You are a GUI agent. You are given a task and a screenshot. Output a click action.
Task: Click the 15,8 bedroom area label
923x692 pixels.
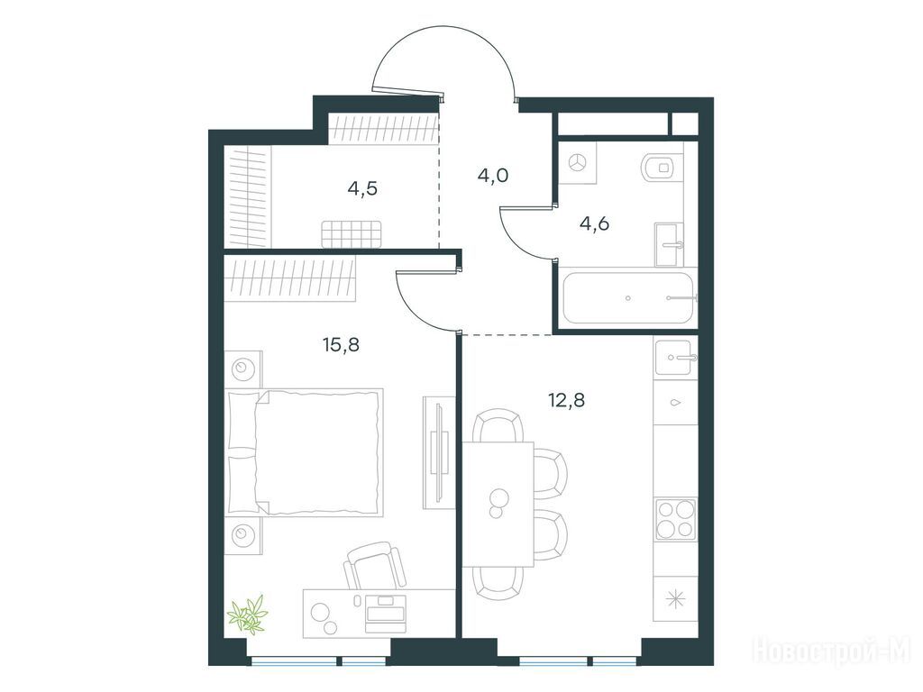[x=341, y=344]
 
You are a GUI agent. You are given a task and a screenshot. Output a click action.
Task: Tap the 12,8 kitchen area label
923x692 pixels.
[x=566, y=401]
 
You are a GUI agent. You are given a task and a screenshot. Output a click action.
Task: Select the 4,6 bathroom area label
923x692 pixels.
[x=594, y=224]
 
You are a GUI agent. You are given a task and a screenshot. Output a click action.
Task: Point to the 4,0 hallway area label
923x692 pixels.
[x=493, y=176]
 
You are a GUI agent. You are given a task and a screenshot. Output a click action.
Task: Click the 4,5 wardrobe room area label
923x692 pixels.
[x=362, y=189]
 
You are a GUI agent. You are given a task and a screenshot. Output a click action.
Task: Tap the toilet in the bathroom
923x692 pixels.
[x=663, y=167]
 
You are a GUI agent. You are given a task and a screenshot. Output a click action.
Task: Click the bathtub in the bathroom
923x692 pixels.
[x=628, y=297]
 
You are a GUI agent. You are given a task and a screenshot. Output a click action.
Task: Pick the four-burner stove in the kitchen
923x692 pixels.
[x=676, y=519]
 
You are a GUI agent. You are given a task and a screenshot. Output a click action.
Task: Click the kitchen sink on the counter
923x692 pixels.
[x=675, y=358]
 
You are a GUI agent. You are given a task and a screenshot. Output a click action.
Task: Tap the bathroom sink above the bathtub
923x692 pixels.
[x=670, y=244]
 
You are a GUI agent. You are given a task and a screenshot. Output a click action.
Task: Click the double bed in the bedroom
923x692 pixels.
[x=305, y=452]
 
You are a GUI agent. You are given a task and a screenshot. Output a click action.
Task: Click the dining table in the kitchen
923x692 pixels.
[x=498, y=505]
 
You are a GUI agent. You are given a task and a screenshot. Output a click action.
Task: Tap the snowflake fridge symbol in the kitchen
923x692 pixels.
[x=676, y=599]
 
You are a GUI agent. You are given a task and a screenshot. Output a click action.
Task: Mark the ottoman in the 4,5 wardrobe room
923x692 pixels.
[x=352, y=234]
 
